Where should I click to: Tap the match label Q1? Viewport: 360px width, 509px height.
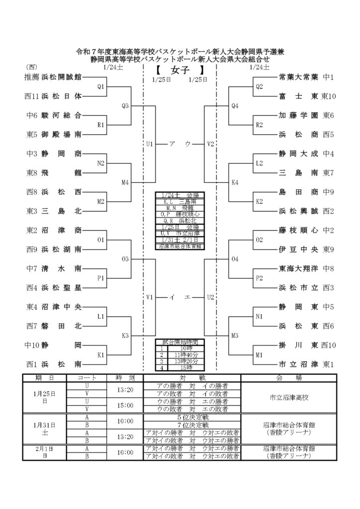101,86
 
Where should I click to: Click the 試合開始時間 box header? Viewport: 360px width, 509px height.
180,342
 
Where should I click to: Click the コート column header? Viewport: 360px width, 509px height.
90,378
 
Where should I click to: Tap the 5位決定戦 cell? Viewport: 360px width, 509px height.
191,417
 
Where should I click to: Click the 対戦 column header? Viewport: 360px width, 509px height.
191,378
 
